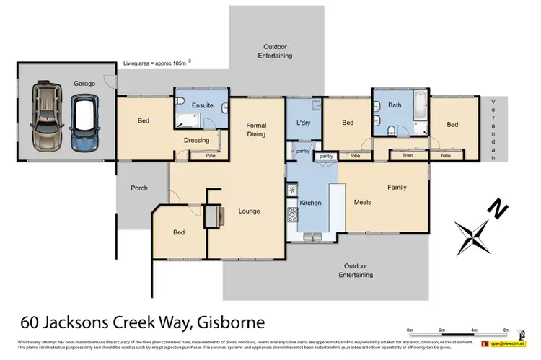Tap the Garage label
(84, 84)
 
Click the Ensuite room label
(202, 105)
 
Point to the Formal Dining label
(256, 129)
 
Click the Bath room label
(395, 105)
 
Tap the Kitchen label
(310, 203)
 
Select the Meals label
(362, 202)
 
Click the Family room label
(397, 188)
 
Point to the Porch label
(139, 188)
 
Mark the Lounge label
(249, 211)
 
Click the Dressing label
(196, 140)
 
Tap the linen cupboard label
(408, 155)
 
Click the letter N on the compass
(498, 210)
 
